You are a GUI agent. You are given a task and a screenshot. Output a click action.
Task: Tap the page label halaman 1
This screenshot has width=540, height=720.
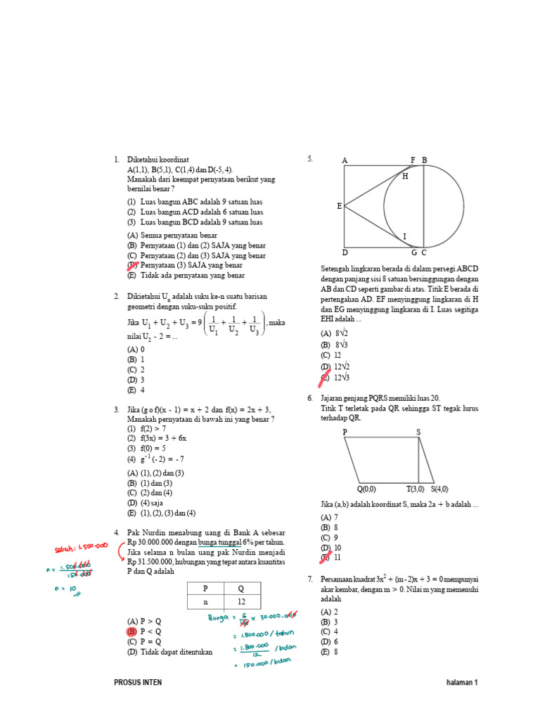click(x=462, y=682)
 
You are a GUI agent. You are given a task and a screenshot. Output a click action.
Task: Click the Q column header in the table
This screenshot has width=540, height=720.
click(x=240, y=588)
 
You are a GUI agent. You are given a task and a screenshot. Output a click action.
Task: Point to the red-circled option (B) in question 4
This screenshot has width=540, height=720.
click(x=131, y=632)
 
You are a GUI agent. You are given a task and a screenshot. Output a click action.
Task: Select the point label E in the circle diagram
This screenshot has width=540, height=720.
click(x=339, y=206)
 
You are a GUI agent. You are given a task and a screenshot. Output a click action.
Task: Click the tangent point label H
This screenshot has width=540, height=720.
click(x=405, y=176)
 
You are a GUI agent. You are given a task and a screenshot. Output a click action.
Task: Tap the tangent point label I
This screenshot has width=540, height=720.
click(x=404, y=236)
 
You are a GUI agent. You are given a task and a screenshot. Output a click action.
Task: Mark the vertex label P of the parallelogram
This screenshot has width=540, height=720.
click(x=345, y=432)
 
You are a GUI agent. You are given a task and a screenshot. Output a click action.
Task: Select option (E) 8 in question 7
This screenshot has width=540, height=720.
click(x=329, y=652)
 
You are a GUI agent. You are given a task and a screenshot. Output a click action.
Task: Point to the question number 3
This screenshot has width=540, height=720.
click(x=116, y=409)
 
